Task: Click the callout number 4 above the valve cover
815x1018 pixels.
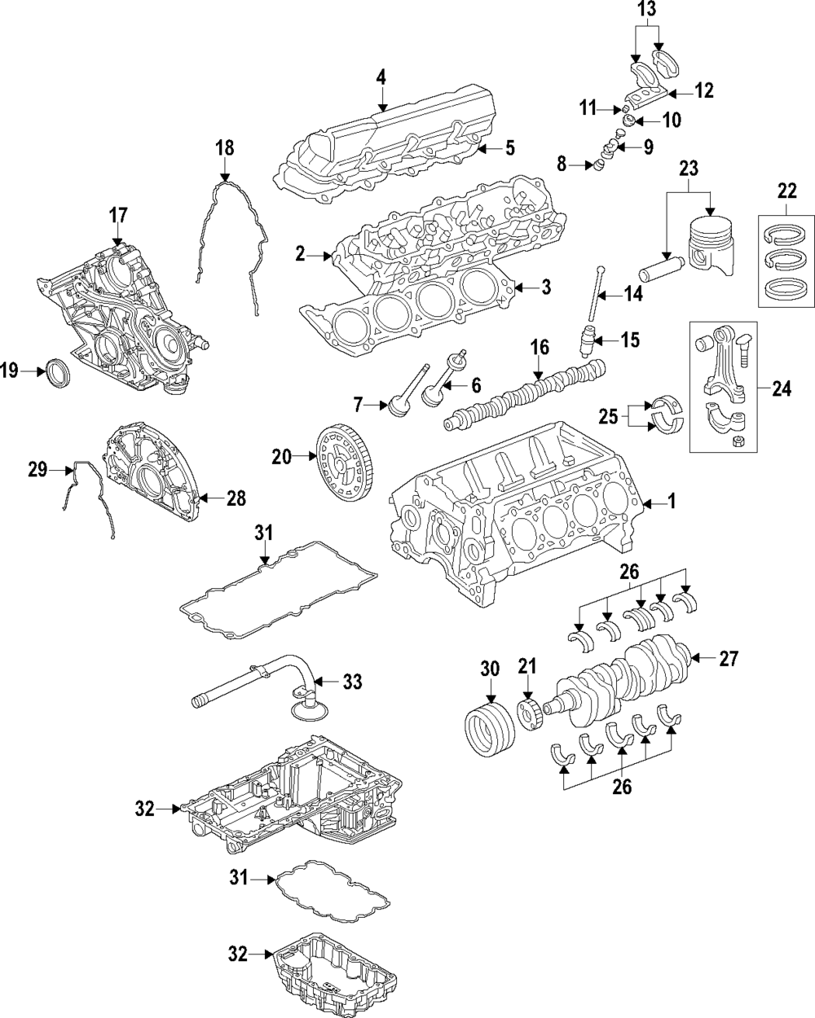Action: [381, 78]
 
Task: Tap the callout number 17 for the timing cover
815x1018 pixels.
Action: [118, 216]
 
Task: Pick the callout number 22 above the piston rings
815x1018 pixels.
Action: [786, 192]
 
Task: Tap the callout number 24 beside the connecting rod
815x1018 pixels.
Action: [781, 389]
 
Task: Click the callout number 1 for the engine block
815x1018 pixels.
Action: [672, 503]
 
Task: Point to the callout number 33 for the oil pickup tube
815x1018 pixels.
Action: [352, 681]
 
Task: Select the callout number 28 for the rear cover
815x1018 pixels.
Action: [236, 498]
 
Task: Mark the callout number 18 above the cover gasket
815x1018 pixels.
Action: [224, 148]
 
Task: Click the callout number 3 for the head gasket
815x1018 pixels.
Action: [546, 287]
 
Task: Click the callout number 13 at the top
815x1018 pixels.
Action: [645, 10]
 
